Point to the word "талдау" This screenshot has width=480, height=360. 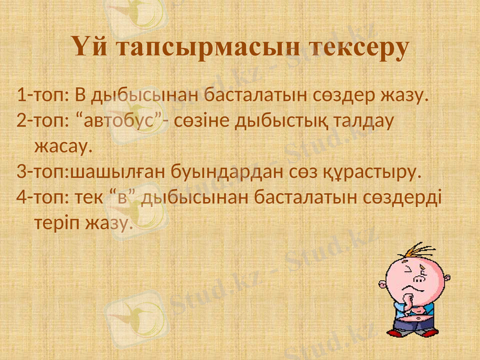pos(365,121)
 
